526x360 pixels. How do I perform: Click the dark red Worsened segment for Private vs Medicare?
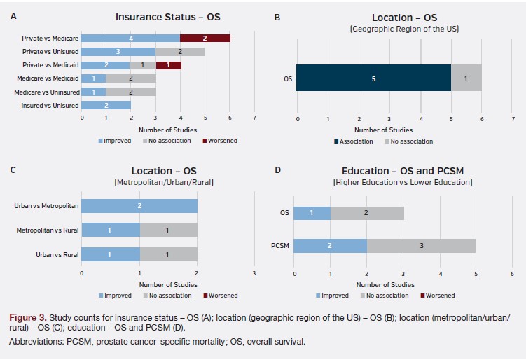pyautogui.click(x=205, y=37)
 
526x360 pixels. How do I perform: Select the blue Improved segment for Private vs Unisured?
pyautogui.click(x=118, y=51)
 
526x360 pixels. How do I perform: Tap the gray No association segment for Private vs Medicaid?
pyautogui.click(x=143, y=64)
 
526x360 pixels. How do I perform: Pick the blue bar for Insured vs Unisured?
pyautogui.click(x=106, y=105)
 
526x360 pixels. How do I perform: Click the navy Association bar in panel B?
pyautogui.click(x=373, y=78)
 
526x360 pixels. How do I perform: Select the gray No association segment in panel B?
pyautogui.click(x=466, y=78)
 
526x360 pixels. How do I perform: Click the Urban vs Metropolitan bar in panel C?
pyautogui.click(x=139, y=206)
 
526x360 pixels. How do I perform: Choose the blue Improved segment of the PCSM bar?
pyautogui.click(x=330, y=245)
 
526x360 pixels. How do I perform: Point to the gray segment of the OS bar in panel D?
pyautogui.click(x=367, y=212)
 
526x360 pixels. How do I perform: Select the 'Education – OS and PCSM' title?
pyautogui.click(x=403, y=171)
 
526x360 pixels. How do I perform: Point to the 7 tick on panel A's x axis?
pyautogui.click(x=254, y=118)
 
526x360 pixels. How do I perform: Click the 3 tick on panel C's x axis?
pyautogui.click(x=254, y=273)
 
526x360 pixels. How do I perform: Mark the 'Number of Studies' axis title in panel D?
pyautogui.click(x=385, y=284)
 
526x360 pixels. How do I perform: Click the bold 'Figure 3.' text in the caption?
pyautogui.click(x=27, y=317)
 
